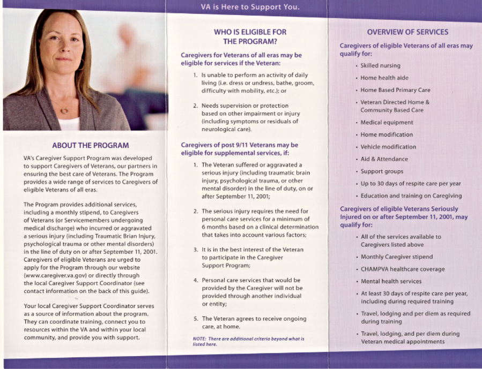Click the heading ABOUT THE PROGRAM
point(90,145)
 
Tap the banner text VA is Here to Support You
point(250,7)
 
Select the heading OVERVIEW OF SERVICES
point(407,32)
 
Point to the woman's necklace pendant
point(64,111)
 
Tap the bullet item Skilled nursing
point(380,66)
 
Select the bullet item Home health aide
point(384,78)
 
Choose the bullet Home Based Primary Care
point(395,91)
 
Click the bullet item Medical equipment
point(387,123)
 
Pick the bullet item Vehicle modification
point(388,147)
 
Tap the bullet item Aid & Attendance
point(384,159)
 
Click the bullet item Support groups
point(382,171)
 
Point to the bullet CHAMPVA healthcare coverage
point(402,269)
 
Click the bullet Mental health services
point(391,281)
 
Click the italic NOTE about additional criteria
point(248,342)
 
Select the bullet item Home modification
point(387,135)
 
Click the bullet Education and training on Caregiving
point(411,196)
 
